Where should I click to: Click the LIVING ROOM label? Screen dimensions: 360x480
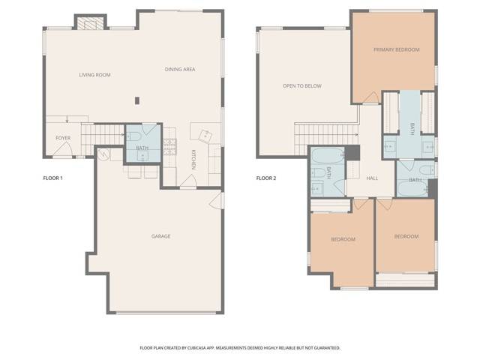pos(95,75)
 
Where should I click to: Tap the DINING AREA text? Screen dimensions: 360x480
pos(180,70)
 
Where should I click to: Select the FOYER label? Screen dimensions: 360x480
pos(63,138)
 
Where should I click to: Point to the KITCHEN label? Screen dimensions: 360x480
pos(193,159)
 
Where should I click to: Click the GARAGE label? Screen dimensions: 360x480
pos(160,236)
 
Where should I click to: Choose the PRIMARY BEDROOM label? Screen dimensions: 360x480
pos(396,49)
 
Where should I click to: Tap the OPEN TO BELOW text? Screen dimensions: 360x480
pos(301,86)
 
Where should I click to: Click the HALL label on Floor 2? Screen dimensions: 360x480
pos(372,178)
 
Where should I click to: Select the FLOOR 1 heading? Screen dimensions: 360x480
pos(52,178)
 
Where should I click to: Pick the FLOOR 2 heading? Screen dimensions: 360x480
pos(266,178)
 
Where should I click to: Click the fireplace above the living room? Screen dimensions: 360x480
pos(90,23)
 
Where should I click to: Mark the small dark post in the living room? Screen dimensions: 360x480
pos(136,100)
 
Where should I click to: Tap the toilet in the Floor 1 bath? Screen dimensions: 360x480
pos(133,136)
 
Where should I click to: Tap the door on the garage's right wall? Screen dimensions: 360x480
pos(217,201)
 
